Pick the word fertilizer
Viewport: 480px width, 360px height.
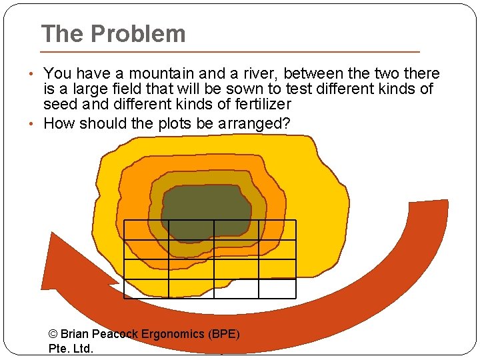[260, 104]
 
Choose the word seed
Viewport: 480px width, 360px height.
[60, 104]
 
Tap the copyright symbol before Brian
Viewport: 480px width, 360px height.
[54, 334]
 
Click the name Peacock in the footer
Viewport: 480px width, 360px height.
[114, 334]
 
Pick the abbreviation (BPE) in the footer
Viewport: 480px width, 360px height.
[224, 334]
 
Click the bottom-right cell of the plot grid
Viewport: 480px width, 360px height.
[277, 288]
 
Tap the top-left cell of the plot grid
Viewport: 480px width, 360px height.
[146, 230]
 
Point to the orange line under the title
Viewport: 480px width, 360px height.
[230, 51]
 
